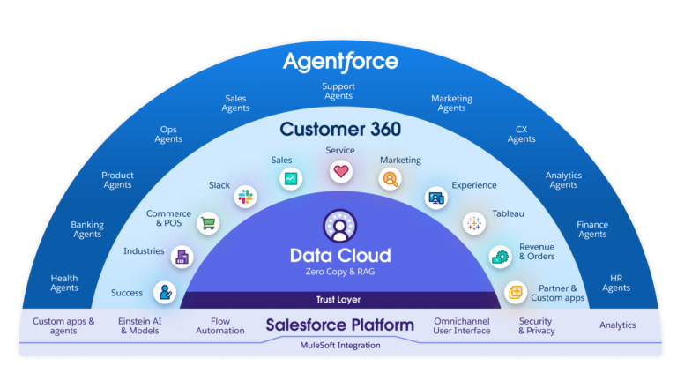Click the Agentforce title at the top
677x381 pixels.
click(339, 62)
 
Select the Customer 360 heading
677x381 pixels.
click(340, 130)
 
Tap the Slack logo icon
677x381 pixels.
click(246, 197)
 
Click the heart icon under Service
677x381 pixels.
click(341, 171)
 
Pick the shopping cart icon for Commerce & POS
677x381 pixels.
click(209, 223)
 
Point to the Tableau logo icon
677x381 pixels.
click(474, 223)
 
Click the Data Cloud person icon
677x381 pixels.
click(340, 226)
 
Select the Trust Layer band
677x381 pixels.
click(340, 300)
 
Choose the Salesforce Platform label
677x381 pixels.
click(340, 325)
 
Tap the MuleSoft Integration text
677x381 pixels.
click(340, 346)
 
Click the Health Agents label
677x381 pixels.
click(64, 283)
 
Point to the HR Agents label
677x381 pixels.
click(616, 283)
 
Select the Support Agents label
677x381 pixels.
click(340, 92)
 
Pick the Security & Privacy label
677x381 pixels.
click(535, 325)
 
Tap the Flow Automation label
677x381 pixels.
click(220, 325)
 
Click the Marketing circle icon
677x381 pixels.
click(390, 179)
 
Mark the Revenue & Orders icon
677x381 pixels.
click(501, 257)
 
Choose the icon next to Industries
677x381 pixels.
click(182, 257)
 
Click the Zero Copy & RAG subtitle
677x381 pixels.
click(340, 273)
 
